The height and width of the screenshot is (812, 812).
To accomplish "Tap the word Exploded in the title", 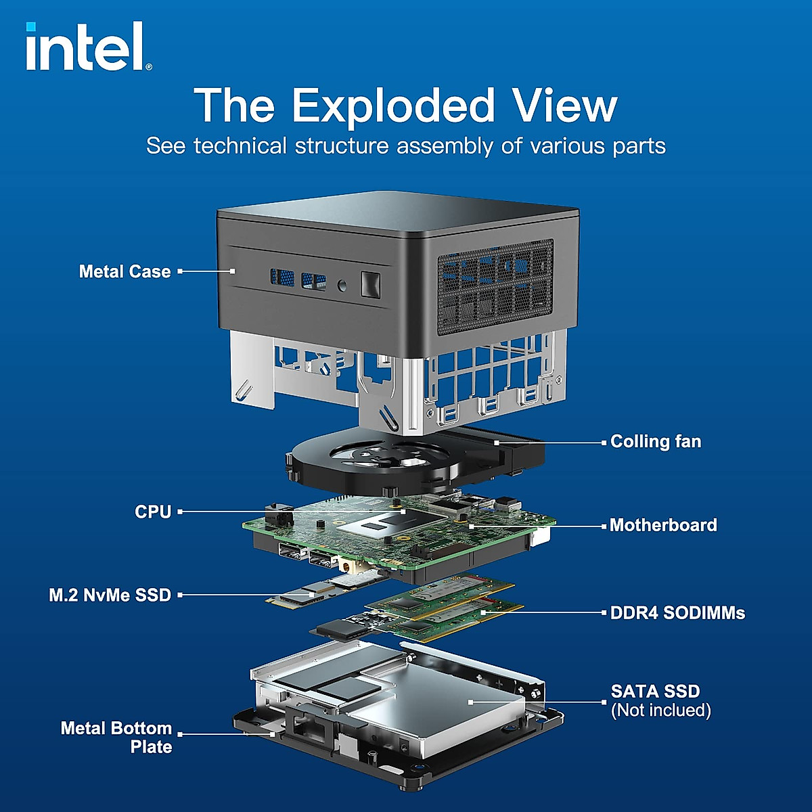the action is [393, 106].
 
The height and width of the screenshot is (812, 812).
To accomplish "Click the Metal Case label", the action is [125, 271].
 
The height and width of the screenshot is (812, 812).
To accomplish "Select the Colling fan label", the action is [655, 442].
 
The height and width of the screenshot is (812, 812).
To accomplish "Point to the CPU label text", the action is [153, 512].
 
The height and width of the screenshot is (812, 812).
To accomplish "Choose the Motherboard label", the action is [662, 525].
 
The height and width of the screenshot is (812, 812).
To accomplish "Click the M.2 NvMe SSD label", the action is [110, 595].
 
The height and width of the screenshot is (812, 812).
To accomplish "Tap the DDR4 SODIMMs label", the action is [677, 613].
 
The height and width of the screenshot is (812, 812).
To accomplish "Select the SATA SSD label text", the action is [655, 692].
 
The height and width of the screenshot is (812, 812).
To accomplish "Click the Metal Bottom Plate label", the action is [116, 738].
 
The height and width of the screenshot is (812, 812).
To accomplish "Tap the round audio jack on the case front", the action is [342, 286].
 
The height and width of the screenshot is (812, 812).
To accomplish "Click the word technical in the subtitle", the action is [240, 146].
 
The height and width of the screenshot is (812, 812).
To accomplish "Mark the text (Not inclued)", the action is [660, 710].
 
